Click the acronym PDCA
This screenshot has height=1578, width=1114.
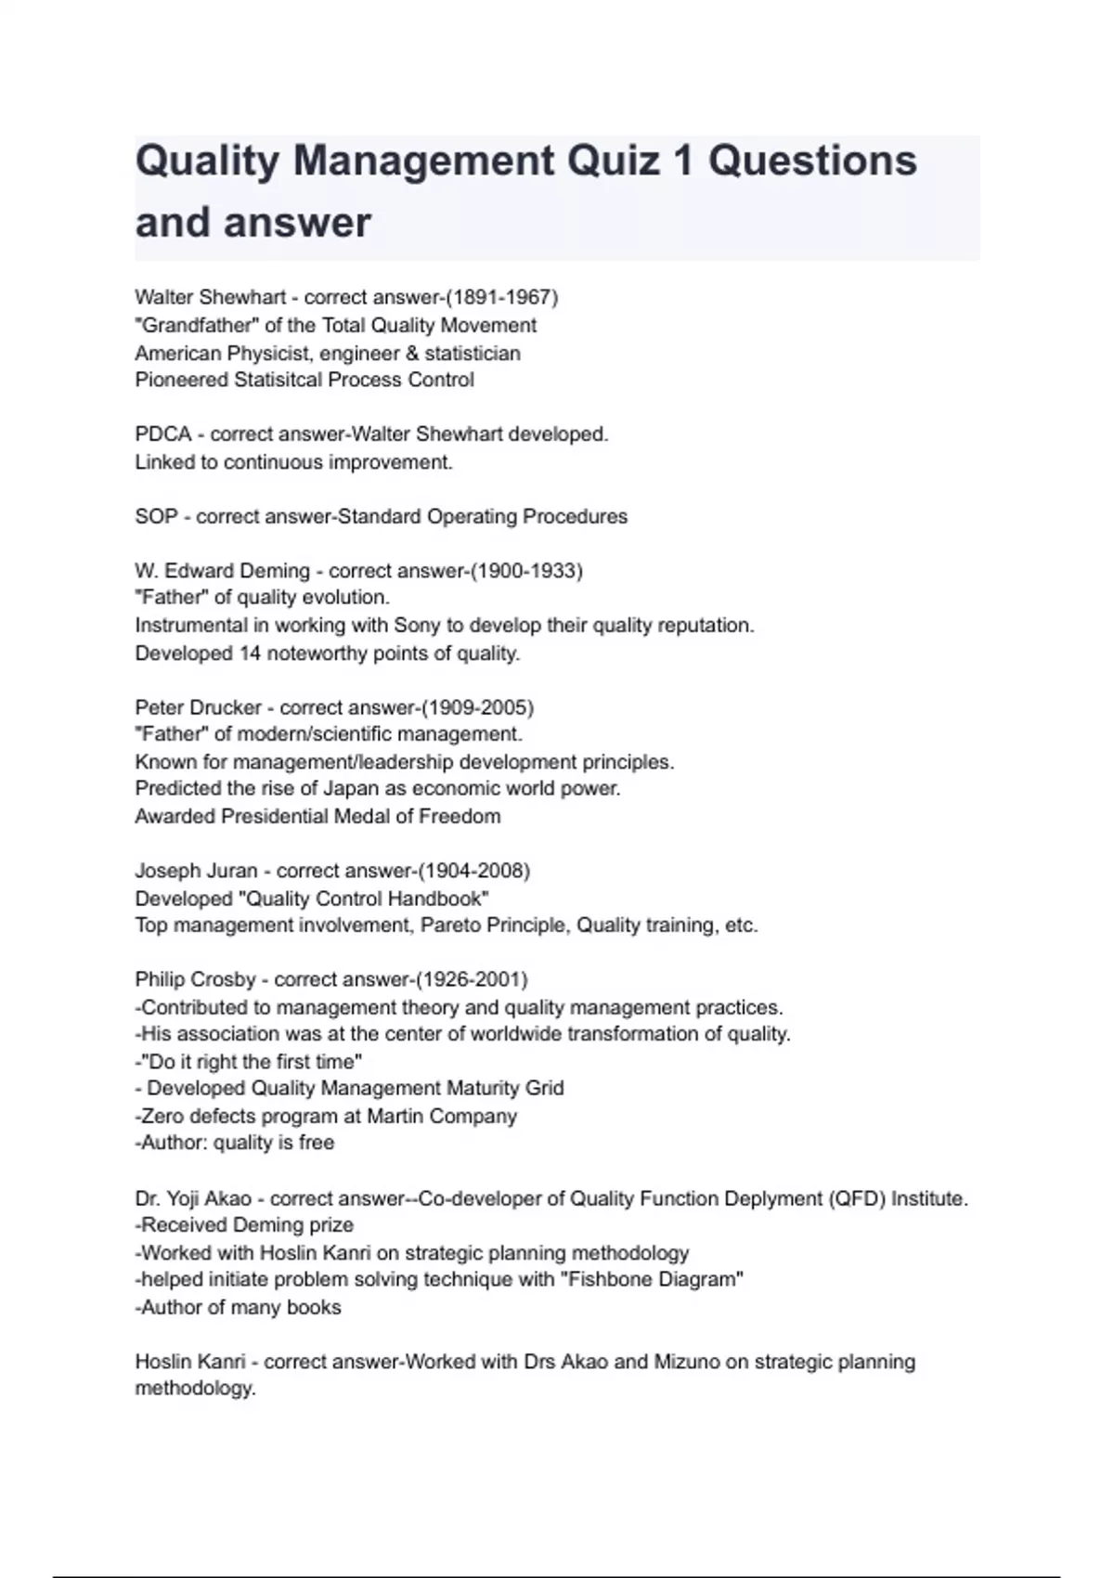point(162,434)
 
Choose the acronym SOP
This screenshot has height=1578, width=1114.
point(156,516)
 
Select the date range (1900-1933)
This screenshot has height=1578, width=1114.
point(526,571)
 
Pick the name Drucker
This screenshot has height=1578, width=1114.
point(227,707)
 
